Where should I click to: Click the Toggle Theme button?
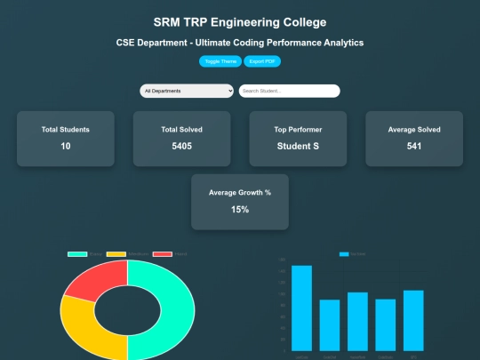[220, 61]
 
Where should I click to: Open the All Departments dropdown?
[187, 91]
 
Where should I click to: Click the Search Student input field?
[289, 91]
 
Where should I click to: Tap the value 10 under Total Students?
[66, 146]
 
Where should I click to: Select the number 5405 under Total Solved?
[182, 146]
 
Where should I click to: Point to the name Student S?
[298, 146]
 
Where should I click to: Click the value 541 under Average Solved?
[414, 146]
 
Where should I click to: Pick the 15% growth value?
[240, 210]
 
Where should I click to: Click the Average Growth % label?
[240, 193]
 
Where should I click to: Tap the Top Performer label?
[298, 130]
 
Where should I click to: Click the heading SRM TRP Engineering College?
[240, 21]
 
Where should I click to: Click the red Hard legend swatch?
[162, 254]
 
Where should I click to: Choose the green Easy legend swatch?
[77, 254]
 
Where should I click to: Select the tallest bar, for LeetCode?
[302, 307]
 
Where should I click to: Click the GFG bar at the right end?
[413, 319]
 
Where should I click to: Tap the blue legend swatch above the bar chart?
[345, 254]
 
